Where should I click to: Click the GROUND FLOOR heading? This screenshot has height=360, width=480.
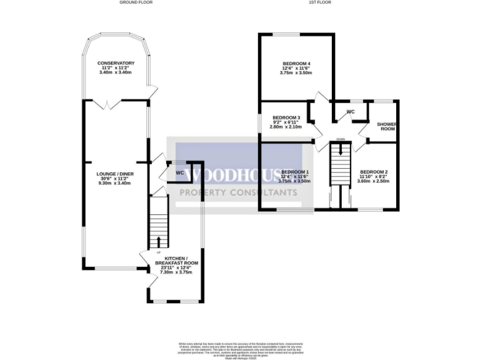coord(136,2)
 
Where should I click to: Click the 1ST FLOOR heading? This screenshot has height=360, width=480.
coord(319,2)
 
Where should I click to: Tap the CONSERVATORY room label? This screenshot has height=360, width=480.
coord(116,63)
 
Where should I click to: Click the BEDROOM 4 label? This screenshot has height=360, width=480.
coord(296,63)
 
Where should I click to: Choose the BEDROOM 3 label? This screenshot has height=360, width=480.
coord(286,117)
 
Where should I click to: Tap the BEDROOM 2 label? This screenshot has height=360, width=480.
coord(374,172)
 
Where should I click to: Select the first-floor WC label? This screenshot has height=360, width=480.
coord(351,112)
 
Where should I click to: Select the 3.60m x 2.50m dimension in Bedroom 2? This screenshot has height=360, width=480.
coord(374,182)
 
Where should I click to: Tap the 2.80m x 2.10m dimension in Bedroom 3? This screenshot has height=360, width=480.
coord(286,127)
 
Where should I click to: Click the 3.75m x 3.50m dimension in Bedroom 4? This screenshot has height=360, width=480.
coord(296,73)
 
